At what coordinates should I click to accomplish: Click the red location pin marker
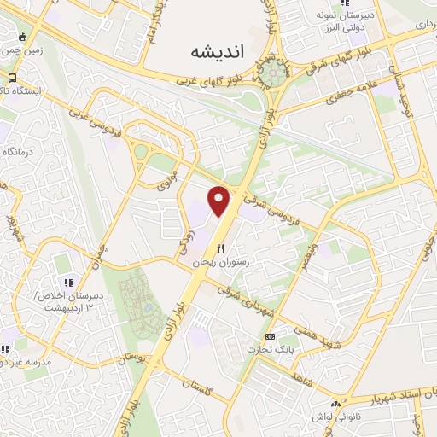(220, 201)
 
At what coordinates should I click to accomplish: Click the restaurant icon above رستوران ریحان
(221, 249)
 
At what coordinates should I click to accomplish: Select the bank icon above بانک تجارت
(270, 337)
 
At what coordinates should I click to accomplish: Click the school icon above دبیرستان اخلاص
(67, 283)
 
